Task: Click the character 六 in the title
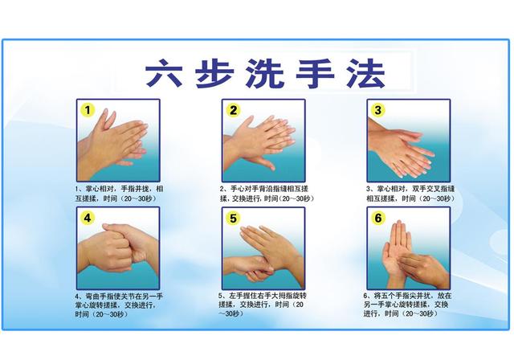(164, 72)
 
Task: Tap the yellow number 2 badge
(233, 109)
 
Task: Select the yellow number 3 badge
(377, 109)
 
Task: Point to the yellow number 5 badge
(233, 217)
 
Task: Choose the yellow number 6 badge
(377, 217)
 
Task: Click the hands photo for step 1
(117, 141)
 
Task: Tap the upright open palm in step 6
(400, 249)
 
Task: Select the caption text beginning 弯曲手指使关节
(120, 305)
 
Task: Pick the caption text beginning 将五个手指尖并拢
(410, 305)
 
